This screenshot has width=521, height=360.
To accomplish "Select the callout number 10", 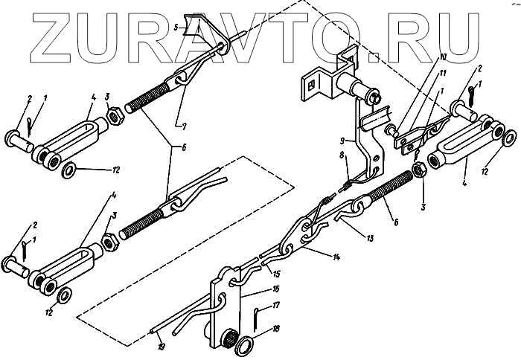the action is [443, 57].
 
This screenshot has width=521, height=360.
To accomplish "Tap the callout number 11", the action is [443, 72].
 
